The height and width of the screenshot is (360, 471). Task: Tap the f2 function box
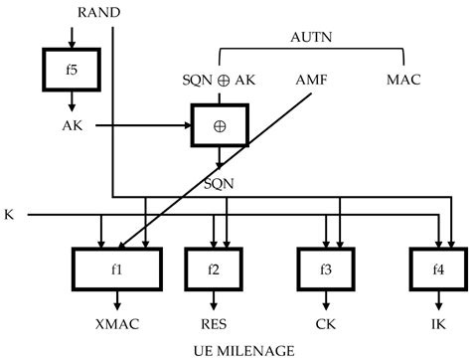click(x=213, y=268)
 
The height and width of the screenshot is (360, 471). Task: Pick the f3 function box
click(x=326, y=268)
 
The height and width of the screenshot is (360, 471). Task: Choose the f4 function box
click(x=437, y=268)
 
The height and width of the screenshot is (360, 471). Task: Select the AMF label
click(x=314, y=79)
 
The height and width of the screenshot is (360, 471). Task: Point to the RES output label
click(x=213, y=323)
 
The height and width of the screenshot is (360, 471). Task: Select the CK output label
click(x=326, y=323)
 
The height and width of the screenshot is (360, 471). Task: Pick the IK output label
click(x=437, y=323)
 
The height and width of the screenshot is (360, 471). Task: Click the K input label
click(x=10, y=214)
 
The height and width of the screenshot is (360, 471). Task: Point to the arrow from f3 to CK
click(x=326, y=299)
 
